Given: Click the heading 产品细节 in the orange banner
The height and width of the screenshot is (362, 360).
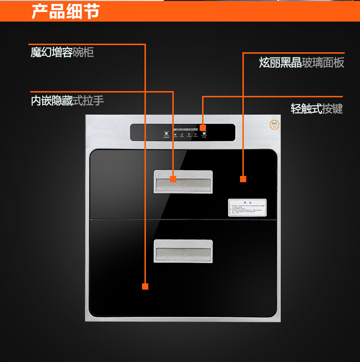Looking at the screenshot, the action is tap(65, 11).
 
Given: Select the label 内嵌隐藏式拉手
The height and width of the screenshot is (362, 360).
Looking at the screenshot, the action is tap(67, 101).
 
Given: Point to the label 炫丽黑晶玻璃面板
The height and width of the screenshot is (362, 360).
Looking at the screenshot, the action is tap(301, 62).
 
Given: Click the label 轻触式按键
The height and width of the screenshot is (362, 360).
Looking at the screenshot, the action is tap(317, 109).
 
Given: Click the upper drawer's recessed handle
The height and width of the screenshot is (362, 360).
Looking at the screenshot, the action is tap(183, 181).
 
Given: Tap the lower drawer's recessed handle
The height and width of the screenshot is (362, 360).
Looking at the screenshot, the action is tap(183, 251).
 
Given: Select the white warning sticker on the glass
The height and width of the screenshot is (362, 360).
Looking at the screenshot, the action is tap(247, 208).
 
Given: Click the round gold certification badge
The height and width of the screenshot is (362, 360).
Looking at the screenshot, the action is tap(275, 124).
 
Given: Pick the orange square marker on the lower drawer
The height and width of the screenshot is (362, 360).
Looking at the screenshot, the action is tap(145, 286).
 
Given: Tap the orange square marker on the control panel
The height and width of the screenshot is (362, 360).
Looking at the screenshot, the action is tap(203, 128).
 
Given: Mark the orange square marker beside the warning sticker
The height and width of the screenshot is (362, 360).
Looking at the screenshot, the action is tap(243, 179).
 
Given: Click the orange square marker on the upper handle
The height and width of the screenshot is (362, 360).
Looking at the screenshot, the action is tap(173, 179).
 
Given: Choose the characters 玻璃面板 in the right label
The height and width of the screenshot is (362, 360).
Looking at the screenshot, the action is tap(323, 62).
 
